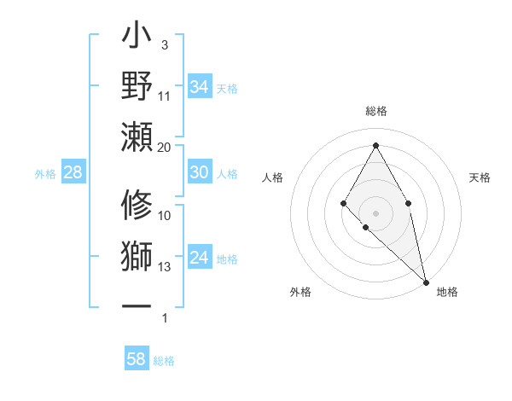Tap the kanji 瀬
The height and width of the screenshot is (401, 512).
point(137,137)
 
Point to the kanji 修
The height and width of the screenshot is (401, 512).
point(137,206)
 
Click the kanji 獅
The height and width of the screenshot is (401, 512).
point(137,257)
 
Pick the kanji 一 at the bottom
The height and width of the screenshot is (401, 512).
point(137,305)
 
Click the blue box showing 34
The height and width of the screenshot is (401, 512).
point(200,86)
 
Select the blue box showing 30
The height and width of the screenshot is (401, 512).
point(200,172)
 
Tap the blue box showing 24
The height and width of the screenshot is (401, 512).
point(200,258)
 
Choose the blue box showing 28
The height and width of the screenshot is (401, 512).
point(73,172)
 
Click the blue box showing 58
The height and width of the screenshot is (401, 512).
point(137,359)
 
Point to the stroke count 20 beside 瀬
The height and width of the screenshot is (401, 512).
point(165,147)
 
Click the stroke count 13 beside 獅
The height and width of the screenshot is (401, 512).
point(165,267)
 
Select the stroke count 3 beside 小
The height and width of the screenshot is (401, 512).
point(165,44)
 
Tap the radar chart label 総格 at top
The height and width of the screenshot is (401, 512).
point(375,112)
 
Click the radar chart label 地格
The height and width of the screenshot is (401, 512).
point(447,292)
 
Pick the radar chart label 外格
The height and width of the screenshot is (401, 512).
point(300,292)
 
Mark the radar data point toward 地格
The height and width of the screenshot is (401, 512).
point(425,281)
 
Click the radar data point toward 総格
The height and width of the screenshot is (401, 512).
point(375,144)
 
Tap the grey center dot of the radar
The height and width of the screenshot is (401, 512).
point(375,212)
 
